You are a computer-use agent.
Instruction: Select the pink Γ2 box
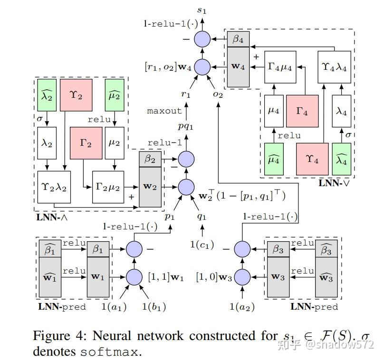coord(86,143)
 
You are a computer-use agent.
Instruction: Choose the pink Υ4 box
coord(312,159)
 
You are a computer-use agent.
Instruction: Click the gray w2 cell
coord(150,187)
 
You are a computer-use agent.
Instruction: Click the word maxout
coord(164,111)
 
